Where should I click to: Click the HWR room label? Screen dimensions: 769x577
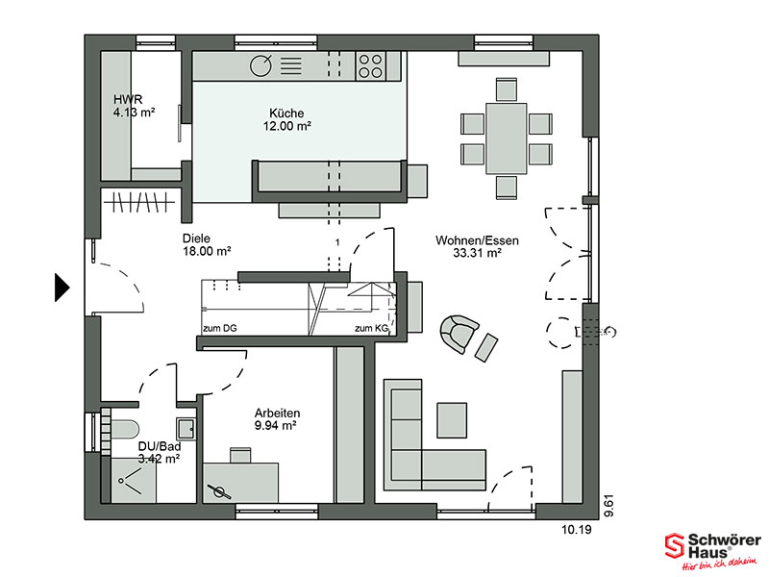coord(128,99)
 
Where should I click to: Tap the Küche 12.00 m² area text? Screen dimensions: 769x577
coord(286,126)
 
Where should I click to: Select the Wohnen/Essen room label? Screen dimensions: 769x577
coord(477,240)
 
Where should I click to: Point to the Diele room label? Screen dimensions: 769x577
coord(196,238)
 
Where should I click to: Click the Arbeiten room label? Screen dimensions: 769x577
coord(277,413)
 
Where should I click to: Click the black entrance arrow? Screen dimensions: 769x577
coord(62,287)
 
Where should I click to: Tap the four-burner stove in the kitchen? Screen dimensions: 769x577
coord(370,66)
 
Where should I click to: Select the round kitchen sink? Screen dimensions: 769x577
coord(260,65)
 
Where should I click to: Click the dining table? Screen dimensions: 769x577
coord(507,138)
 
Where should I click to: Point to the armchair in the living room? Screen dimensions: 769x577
coord(459,333)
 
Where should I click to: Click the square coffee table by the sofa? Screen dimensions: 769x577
coord(452,420)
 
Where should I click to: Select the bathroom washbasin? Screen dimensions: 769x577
coord(186,428)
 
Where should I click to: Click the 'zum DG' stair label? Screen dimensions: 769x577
coord(220,328)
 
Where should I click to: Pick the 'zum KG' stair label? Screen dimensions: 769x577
coord(372,328)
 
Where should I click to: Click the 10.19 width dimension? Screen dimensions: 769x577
coord(576,530)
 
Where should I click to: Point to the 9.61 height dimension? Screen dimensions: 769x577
coord(608,506)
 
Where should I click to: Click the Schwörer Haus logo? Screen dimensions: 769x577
coord(712,550)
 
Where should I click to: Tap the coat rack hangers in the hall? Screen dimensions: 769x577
coord(140,202)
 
